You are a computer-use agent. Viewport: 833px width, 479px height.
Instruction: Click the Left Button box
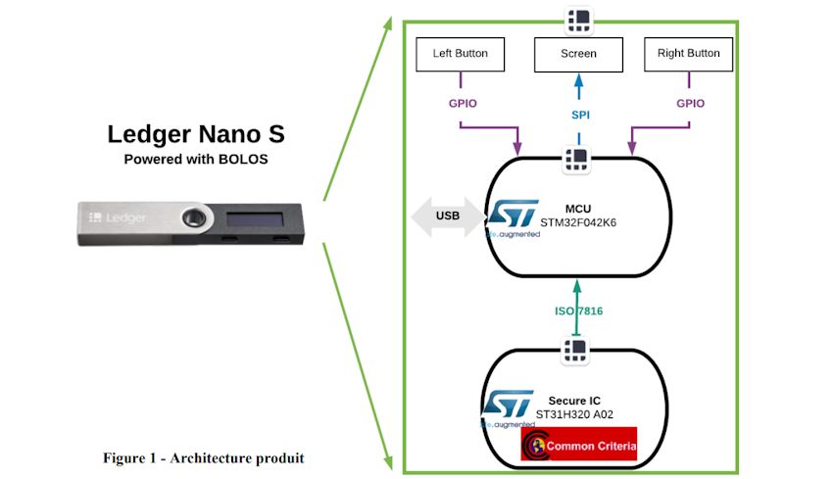[x=461, y=54]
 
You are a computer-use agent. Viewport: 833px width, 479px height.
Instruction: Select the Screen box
[x=578, y=54]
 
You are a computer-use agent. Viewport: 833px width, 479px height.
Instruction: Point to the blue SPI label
[x=579, y=115]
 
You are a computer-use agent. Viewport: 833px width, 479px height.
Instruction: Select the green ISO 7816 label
[x=578, y=311]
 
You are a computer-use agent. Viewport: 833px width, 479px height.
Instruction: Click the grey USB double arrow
[x=447, y=216]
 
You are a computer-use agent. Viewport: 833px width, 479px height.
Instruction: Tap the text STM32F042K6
[x=575, y=221]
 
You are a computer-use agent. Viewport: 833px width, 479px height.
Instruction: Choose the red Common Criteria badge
[x=578, y=445]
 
